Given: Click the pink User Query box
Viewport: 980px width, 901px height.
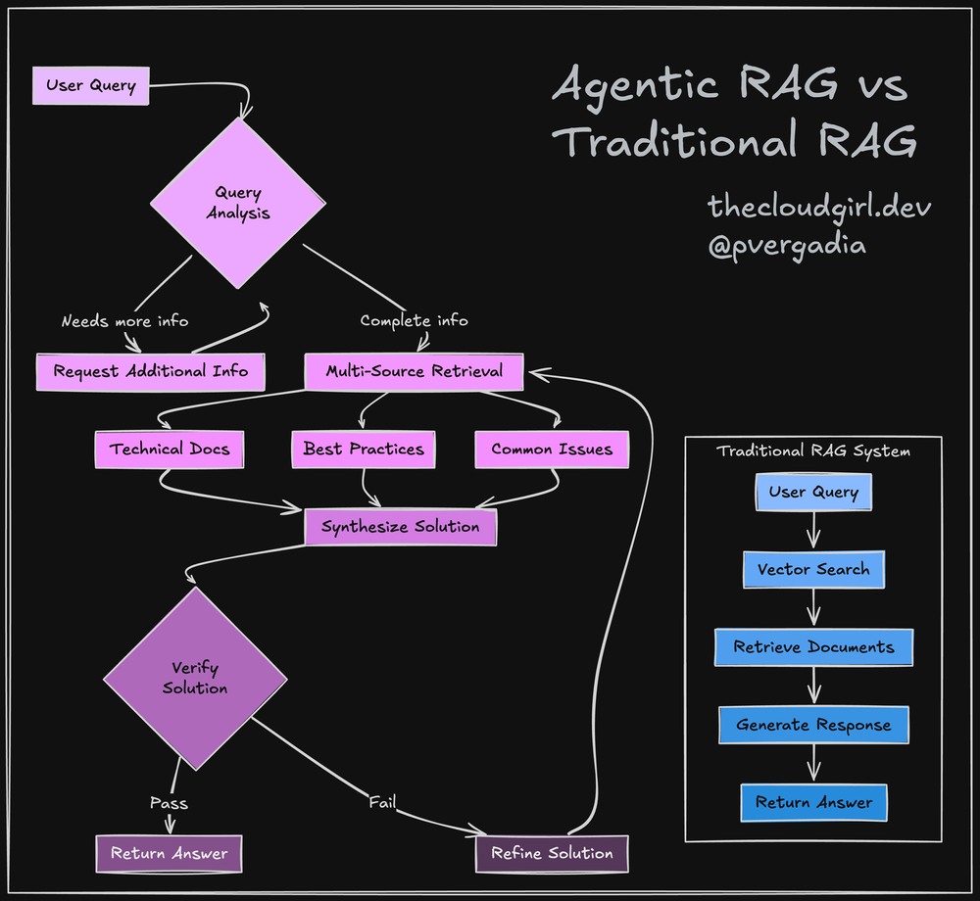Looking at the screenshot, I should [90, 85].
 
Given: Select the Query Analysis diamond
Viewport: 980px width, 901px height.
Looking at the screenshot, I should [238, 203].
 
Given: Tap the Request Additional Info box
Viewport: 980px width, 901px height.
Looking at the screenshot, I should [150, 371].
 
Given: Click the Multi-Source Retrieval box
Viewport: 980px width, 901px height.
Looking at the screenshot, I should [414, 371].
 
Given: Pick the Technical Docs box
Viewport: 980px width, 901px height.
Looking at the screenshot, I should [169, 450].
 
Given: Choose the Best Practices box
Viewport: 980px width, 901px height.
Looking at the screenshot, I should [363, 450].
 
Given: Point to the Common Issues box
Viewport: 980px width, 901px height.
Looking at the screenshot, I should [551, 450].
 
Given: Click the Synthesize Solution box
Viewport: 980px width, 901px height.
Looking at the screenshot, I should [400, 527].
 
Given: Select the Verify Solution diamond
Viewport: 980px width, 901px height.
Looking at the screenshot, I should [195, 678].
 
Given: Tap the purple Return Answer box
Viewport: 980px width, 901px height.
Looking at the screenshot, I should [169, 853].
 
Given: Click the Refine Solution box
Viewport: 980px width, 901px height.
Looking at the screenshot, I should [552, 853].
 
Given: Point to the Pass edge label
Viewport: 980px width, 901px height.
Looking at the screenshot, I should [169, 803].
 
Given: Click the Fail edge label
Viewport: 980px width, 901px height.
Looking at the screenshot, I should [382, 802].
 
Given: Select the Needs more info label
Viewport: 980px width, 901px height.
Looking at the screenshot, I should [124, 320].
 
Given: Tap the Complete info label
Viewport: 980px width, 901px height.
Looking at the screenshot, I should [414, 320].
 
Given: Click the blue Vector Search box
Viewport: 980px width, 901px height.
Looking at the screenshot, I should [813, 569].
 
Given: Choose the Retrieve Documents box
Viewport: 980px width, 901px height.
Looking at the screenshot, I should [813, 647].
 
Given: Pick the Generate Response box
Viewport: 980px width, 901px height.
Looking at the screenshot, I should [813, 725].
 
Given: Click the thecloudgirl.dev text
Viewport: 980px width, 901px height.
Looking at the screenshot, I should [819, 207].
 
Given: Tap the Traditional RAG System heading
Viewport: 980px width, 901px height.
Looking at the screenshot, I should [813, 451].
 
